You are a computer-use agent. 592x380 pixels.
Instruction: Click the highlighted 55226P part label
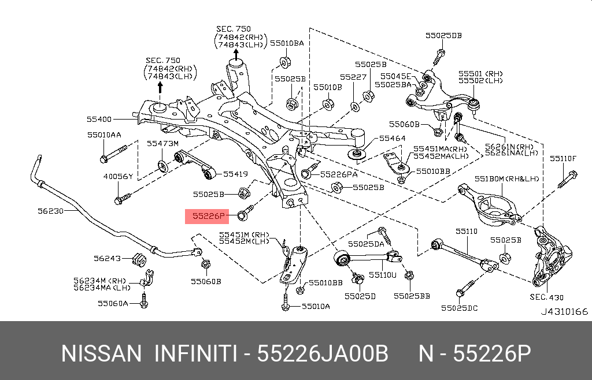pos(208,217)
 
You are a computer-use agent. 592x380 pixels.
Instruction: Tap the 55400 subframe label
pos(99,120)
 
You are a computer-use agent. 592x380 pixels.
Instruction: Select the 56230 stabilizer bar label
pos(50,211)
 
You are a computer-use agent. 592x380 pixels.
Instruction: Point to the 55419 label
pos(235,173)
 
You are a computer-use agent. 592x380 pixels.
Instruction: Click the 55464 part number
pos(392,139)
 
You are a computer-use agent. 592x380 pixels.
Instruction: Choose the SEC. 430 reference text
pos(546,297)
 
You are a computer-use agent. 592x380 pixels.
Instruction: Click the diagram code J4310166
pos(564,312)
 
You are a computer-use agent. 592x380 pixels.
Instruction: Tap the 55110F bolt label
pos(563,158)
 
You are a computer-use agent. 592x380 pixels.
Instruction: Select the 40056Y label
pos(118,176)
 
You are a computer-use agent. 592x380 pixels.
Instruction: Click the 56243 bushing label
pos(107,258)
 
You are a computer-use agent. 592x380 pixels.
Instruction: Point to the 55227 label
pos(353,76)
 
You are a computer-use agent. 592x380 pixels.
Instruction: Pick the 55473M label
pos(162,143)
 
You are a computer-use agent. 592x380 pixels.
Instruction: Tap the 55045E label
pos(395,76)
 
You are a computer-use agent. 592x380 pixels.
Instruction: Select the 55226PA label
pos(338,174)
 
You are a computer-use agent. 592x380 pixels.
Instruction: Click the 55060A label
pos(113,303)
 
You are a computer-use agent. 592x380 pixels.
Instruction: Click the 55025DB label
pos(443,35)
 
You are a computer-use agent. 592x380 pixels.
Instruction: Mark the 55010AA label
pos(104,135)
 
